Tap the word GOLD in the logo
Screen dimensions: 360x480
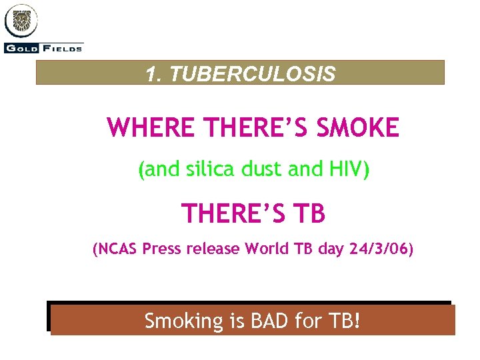[22, 48]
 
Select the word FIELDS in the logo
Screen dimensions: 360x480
[63, 48]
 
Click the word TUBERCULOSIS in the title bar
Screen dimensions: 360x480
[253, 74]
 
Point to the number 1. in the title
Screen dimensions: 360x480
[155, 74]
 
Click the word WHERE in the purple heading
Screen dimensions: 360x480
[145, 127]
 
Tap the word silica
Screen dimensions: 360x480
[215, 170]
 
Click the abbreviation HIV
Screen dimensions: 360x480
[345, 170]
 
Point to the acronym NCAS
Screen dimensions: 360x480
[117, 250]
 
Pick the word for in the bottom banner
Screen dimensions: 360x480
[309, 321]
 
